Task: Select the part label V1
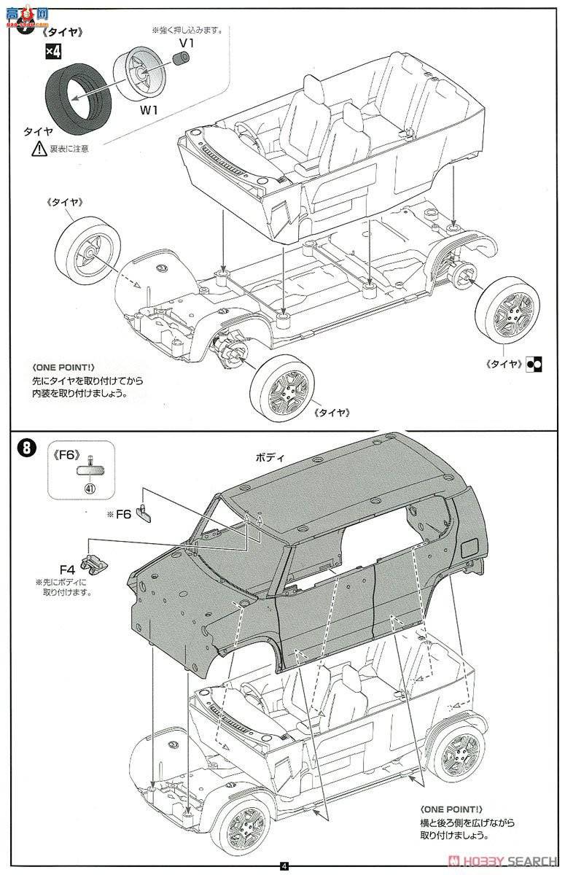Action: pos(187,43)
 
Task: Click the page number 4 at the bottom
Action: pos(284,866)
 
